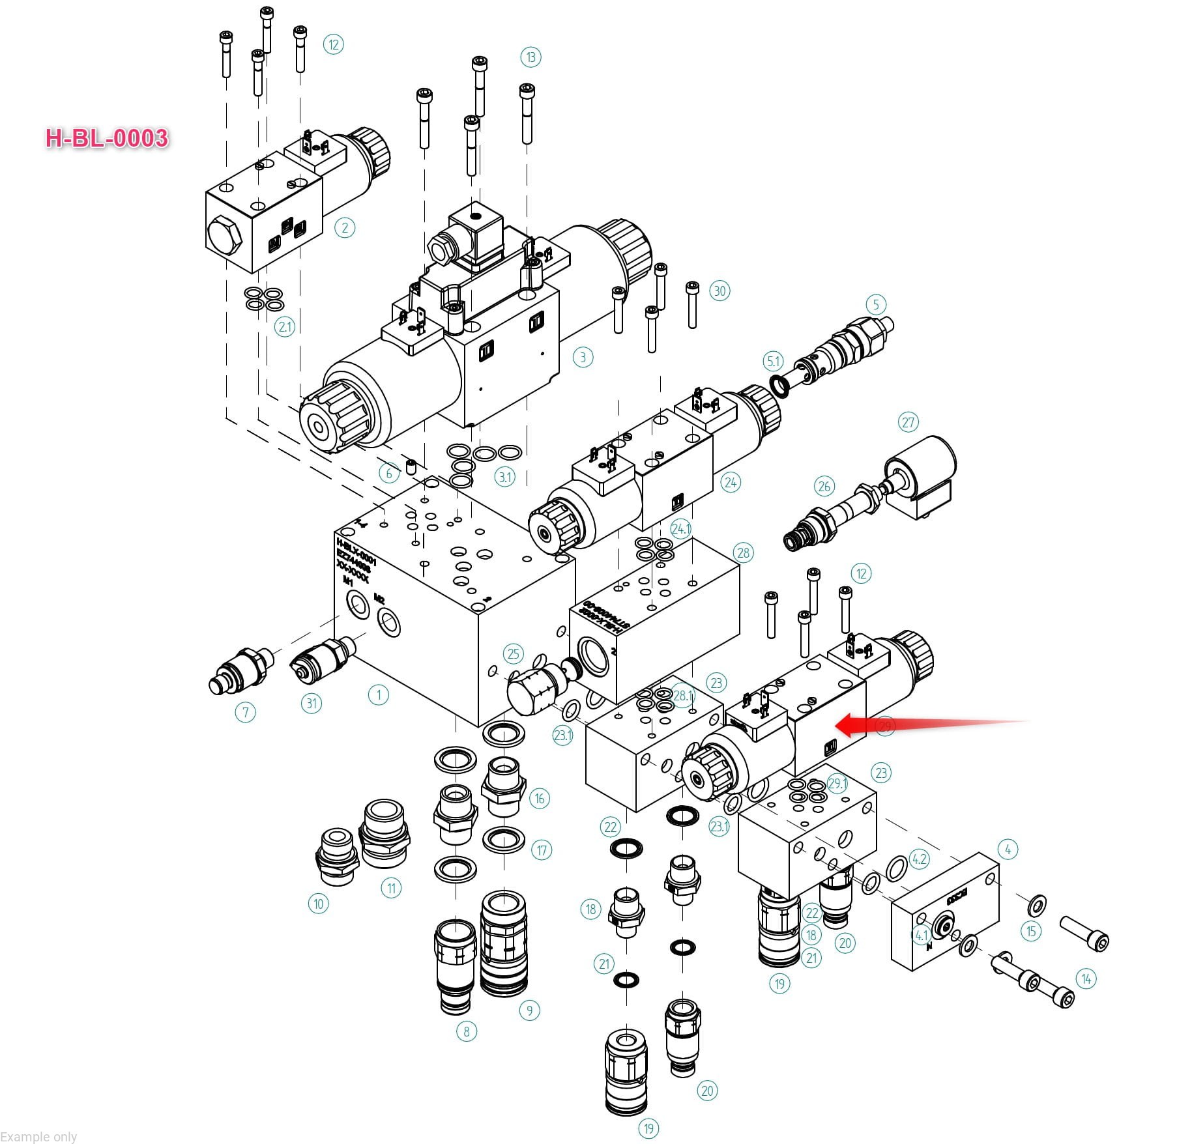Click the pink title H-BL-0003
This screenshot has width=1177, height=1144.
107,138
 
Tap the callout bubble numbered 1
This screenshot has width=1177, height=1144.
379,694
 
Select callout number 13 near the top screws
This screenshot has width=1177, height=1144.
530,57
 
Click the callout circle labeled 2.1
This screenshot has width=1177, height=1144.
285,326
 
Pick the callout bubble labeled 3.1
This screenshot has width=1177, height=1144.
505,477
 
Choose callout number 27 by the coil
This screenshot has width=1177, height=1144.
908,422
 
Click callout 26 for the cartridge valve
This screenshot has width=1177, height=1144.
824,486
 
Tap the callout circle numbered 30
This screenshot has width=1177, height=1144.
719,291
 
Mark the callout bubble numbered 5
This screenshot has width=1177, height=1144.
876,304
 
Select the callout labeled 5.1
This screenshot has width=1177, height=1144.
773,361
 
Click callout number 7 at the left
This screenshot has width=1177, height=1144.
245,712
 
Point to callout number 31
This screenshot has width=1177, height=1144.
312,703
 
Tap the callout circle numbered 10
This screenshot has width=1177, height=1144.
318,904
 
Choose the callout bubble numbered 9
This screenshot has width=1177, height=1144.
529,1010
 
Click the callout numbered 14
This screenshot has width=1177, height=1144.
1086,979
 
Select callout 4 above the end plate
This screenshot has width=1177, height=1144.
1008,850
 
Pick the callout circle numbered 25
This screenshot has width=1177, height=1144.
514,654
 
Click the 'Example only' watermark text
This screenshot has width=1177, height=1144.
38,1136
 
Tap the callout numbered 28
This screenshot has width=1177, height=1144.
744,553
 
